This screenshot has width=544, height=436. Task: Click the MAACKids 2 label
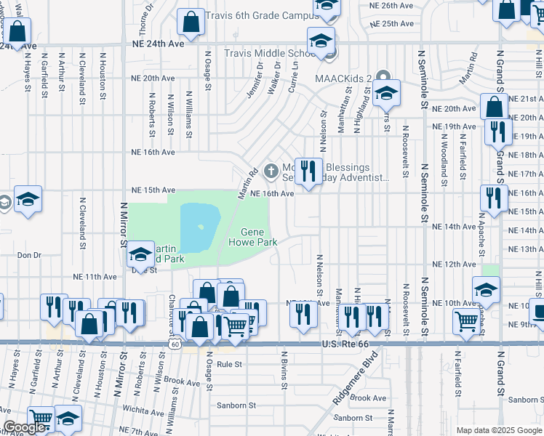click(343, 78)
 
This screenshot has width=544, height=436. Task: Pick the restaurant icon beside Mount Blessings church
click(308, 172)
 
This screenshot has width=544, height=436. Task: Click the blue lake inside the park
click(199, 227)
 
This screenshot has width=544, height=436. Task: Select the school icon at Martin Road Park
click(140, 254)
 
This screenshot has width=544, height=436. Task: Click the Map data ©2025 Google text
click(498, 430)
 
